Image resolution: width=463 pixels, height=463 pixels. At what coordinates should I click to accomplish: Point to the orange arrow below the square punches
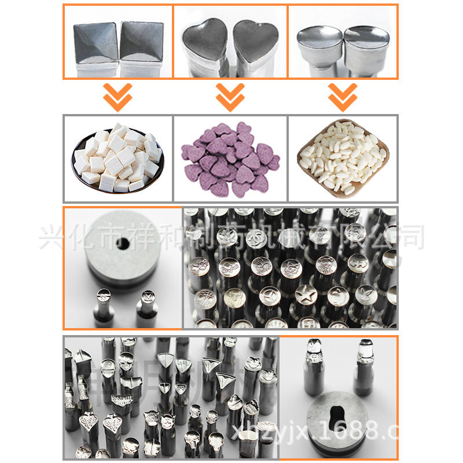point(117,97)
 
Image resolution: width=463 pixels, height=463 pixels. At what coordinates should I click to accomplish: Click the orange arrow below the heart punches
point(230,97)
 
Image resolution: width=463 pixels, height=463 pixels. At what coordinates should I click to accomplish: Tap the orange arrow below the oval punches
point(342,97)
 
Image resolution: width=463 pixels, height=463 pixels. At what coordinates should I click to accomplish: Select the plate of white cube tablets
point(118,157)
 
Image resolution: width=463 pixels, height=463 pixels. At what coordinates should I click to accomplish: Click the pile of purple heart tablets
point(230,157)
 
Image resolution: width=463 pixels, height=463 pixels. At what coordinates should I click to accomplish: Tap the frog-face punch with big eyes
point(251,365)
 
